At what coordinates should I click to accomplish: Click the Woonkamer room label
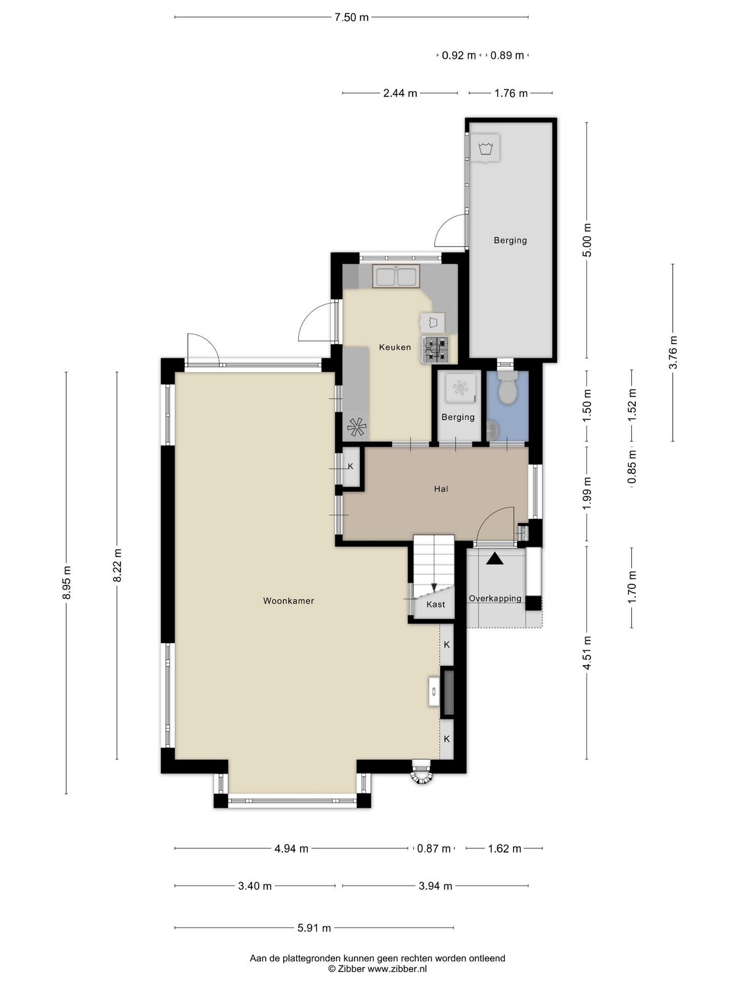coord(288,601)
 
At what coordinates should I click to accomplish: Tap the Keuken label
coord(395,347)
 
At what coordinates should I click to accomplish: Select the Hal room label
coord(441,489)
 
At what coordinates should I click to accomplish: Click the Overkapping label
coord(495,598)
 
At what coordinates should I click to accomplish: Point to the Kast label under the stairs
coord(436,604)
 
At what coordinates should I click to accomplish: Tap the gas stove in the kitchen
coord(435,349)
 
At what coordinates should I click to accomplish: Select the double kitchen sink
coord(396,276)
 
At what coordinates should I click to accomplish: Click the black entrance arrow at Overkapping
coord(495,558)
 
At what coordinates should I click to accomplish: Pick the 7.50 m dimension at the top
coord(352,17)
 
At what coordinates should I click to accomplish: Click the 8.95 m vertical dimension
coord(66,582)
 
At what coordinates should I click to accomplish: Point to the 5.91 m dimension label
coord(314,928)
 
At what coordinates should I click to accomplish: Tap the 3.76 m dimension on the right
coord(673,352)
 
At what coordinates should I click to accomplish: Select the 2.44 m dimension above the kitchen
coord(400,93)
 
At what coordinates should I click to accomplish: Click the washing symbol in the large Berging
coord(485,148)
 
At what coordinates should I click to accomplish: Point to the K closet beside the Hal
coord(351,466)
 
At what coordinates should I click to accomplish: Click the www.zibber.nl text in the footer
coord(397,969)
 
